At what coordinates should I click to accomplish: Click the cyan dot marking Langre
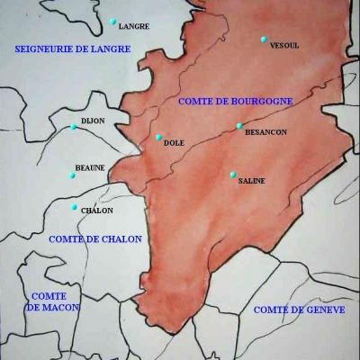pos(112,21)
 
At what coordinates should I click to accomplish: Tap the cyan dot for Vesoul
pos(264,39)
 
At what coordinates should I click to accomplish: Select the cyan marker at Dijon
pos(74,127)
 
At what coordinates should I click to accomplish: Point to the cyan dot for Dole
pos(158,138)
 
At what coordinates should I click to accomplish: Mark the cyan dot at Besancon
pos(239,126)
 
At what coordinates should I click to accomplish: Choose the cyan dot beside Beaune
pos(73,175)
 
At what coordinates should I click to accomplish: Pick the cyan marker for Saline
pos(232,175)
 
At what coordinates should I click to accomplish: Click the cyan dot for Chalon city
pos(75,207)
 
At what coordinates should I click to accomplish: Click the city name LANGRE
pos(134,27)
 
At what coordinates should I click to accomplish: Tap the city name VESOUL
pos(284,45)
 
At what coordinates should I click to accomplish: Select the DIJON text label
pos(93,120)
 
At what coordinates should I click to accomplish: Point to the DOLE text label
pos(175,143)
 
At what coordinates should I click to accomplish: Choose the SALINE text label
pos(252,181)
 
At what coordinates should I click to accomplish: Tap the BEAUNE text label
pos(90,167)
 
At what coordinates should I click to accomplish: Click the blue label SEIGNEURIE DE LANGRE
pos(60,49)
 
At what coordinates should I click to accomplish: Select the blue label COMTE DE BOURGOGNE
pos(235,102)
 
